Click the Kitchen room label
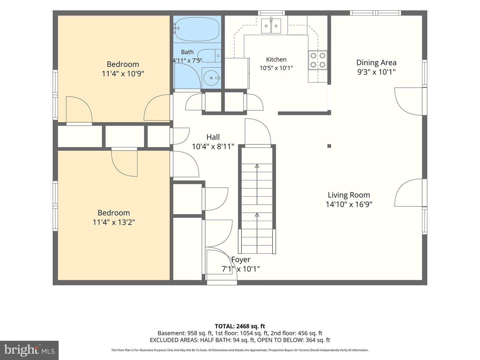(276, 59)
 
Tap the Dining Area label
(376, 63)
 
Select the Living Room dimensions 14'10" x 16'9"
(349, 204)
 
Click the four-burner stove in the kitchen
(318, 60)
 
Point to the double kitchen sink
(271, 26)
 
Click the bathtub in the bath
(197, 29)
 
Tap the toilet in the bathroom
(209, 56)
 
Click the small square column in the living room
(329, 146)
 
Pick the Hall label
(213, 137)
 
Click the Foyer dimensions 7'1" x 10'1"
(241, 269)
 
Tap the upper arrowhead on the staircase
(257, 166)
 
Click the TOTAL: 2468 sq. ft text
(240, 326)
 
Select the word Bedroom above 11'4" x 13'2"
(114, 213)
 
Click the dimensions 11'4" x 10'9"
(123, 74)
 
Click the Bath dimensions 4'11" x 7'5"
(187, 61)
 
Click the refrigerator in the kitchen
(237, 73)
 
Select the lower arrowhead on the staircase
(257, 215)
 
